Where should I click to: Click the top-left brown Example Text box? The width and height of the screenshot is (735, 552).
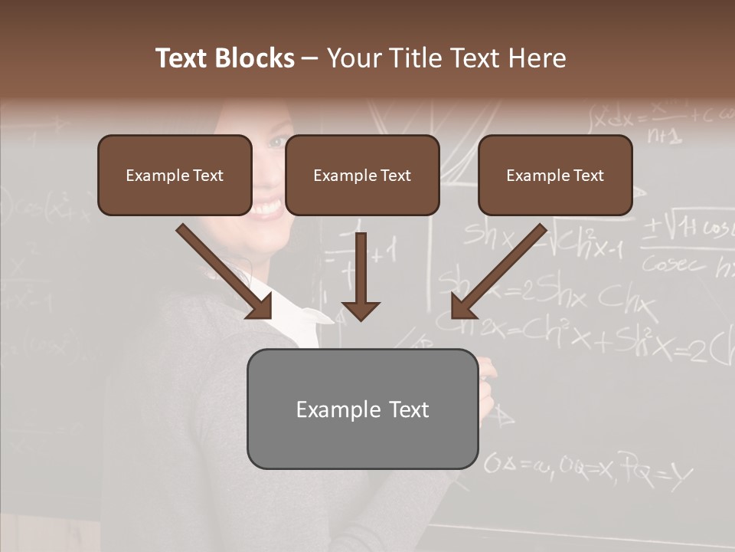[175, 175]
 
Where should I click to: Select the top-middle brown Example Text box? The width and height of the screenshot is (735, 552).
[362, 175]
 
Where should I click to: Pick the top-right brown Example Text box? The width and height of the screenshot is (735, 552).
[555, 175]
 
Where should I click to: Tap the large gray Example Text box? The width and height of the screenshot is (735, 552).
[362, 409]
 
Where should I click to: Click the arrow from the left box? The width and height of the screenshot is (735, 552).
[224, 271]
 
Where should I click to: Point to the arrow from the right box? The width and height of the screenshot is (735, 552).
[498, 271]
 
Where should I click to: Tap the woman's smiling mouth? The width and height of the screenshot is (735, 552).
[267, 207]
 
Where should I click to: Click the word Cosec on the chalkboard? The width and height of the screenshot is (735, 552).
[674, 264]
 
